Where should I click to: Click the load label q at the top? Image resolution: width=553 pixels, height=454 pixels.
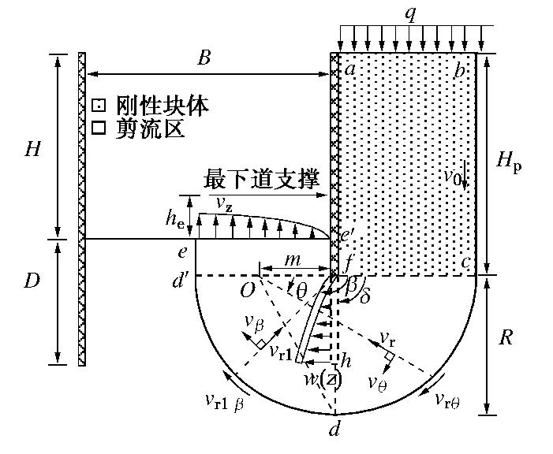tap(409, 13)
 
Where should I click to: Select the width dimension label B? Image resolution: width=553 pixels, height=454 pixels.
tap(204, 59)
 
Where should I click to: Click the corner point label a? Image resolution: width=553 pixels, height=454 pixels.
tap(349, 69)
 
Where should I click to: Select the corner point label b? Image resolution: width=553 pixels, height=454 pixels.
tap(460, 69)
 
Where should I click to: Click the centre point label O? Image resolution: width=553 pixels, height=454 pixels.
tap(248, 290)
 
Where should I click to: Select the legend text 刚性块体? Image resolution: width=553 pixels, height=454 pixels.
tap(162, 106)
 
